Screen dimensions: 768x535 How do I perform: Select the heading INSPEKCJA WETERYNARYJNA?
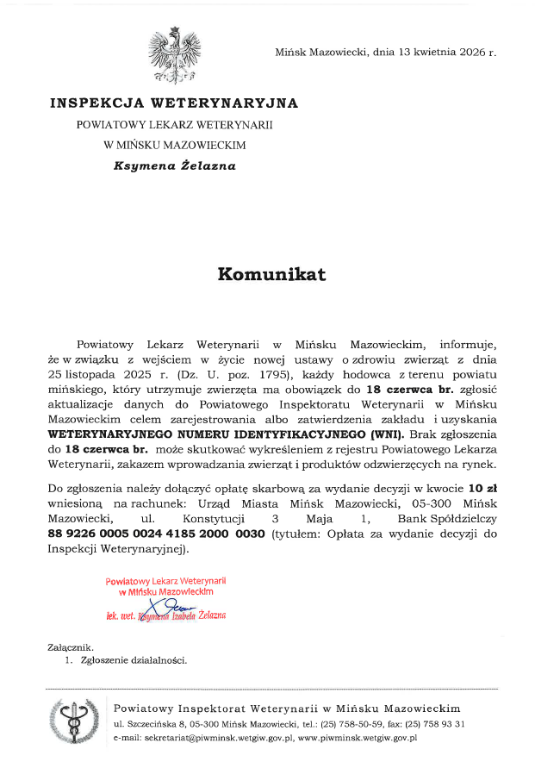coord(174,103)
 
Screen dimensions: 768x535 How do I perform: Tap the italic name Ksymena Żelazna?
coord(174,166)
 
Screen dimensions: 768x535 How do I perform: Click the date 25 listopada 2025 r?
coord(107,374)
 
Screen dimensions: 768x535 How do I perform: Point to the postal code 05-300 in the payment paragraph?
coord(428,504)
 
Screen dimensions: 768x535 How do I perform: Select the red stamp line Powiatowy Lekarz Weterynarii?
coord(165,581)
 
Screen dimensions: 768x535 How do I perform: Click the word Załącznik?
coord(71,647)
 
